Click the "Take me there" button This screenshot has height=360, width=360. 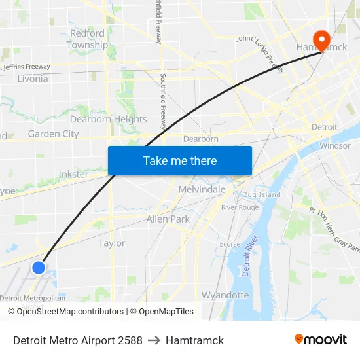(x=180, y=160)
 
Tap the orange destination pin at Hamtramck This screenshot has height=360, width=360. (x=321, y=39)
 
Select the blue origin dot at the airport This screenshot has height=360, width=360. (x=39, y=267)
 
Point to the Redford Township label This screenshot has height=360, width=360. (x=87, y=39)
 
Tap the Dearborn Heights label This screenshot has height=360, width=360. (x=109, y=119)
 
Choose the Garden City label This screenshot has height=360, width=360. (x=53, y=134)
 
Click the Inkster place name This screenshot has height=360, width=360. (x=73, y=175)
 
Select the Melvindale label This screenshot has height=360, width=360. (x=202, y=189)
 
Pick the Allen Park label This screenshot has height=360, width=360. (x=168, y=219)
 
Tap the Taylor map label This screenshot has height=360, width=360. (x=111, y=243)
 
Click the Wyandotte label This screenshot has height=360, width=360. (x=225, y=295)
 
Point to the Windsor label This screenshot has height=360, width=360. (x=334, y=145)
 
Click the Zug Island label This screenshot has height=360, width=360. (x=261, y=194)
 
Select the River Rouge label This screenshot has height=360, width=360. (x=240, y=207)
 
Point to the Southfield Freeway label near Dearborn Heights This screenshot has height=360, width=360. (x=163, y=91)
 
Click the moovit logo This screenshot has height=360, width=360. (x=320, y=340)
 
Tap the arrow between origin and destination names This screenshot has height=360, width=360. (x=154, y=340)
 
